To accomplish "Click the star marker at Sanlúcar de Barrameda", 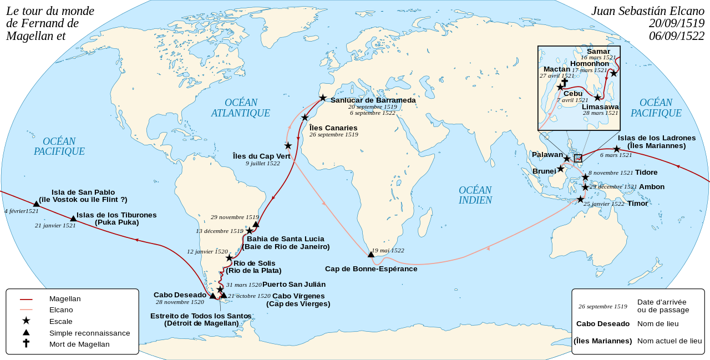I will point(323,98).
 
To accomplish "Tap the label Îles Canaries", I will point(333,128).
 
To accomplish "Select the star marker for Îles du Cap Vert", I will point(288,145).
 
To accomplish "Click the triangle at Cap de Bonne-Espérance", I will point(371,255).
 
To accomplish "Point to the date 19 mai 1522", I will point(388,251).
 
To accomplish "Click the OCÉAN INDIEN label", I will point(475,195).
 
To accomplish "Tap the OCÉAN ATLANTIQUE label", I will point(241,108).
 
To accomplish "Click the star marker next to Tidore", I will point(585,178).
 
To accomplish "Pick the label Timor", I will point(637,204).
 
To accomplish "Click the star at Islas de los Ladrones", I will point(616,149).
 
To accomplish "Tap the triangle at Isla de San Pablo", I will point(36,204).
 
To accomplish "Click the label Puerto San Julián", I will point(293,284).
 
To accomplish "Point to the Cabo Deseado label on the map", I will point(180,295).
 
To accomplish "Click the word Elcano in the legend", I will point(60,310).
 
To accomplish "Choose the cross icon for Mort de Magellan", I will point(26,344).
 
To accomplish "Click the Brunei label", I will point(544,171).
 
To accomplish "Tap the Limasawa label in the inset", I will point(600,107).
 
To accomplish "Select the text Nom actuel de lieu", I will point(670,341).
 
